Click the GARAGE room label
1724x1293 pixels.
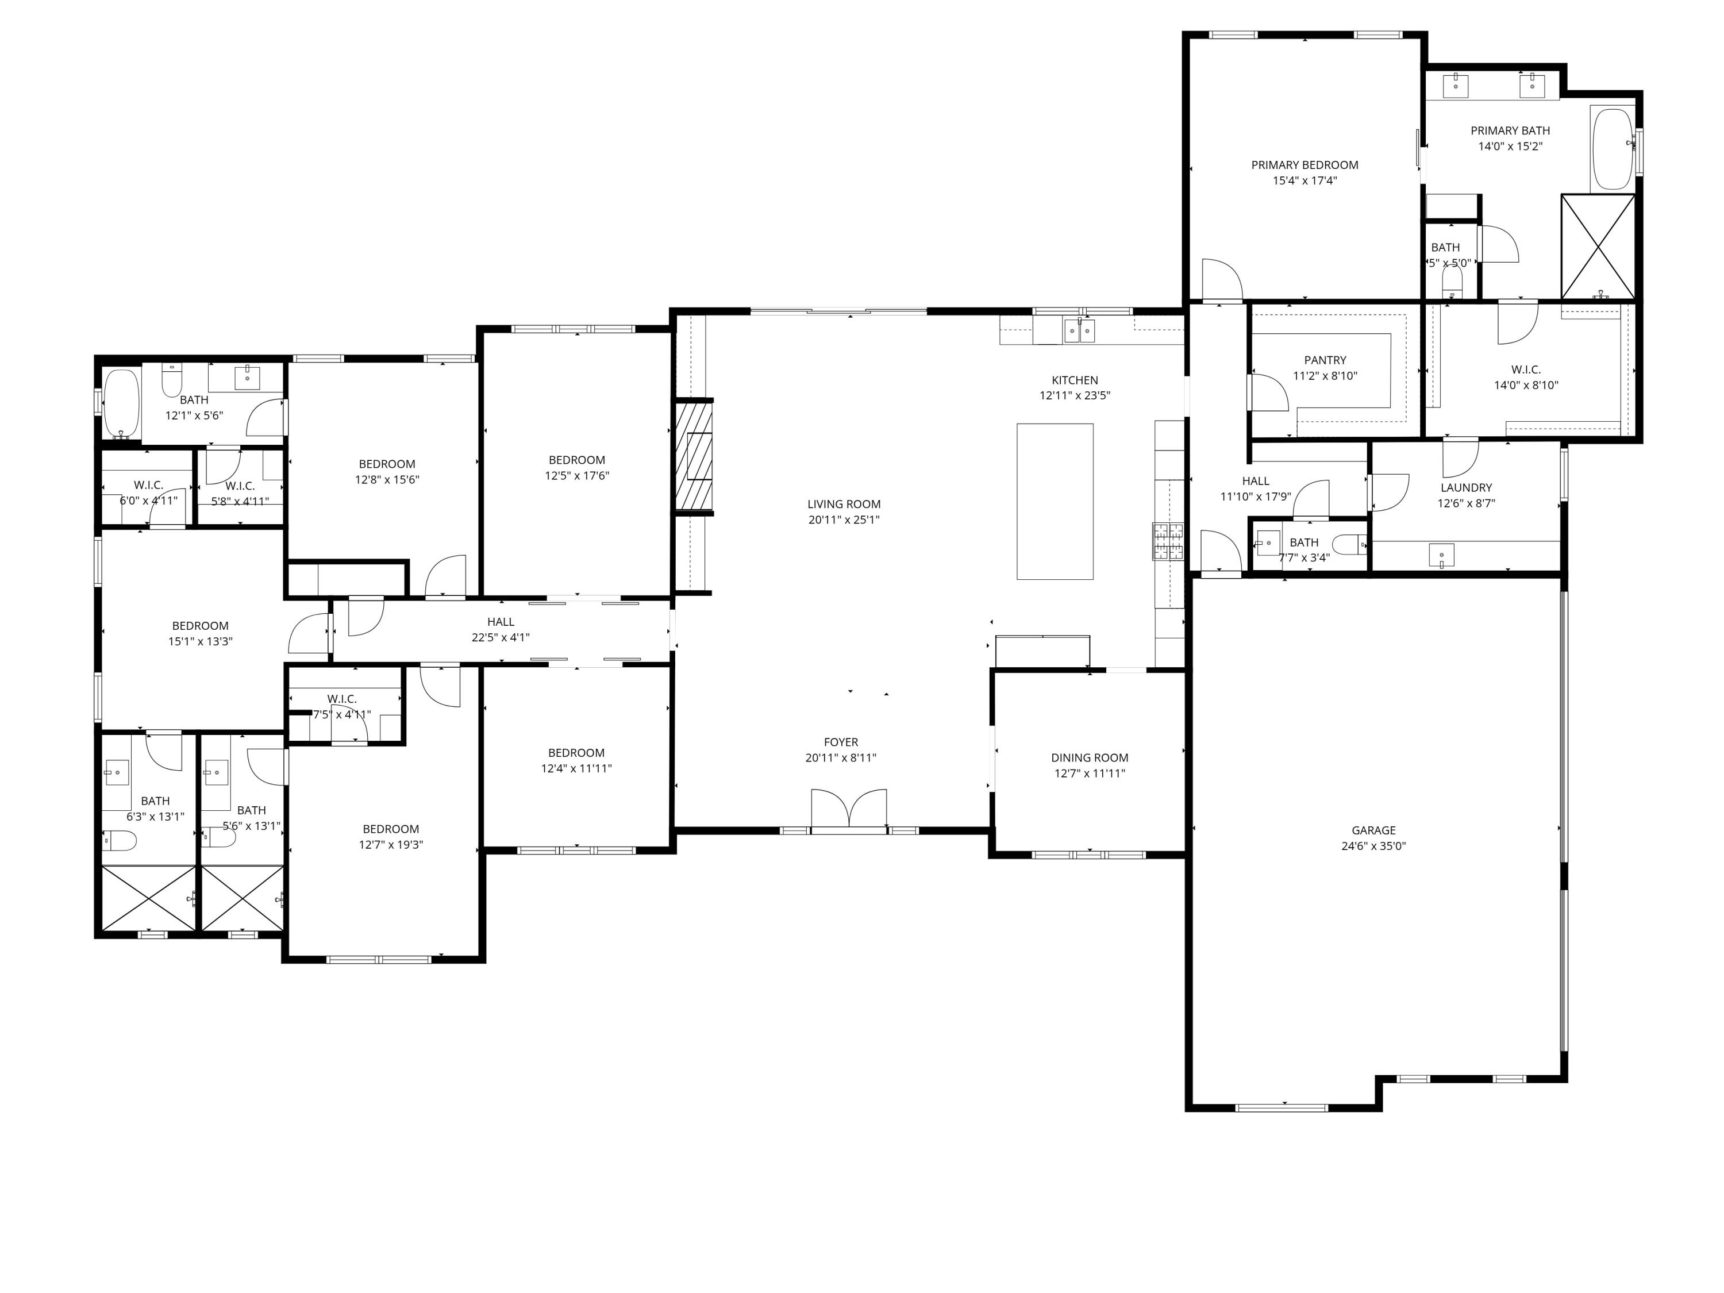pyautogui.click(x=1373, y=830)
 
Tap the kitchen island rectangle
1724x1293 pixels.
pyautogui.click(x=1055, y=501)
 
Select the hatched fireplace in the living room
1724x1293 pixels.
pyautogui.click(x=694, y=456)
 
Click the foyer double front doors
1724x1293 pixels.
pyautogui.click(x=849, y=810)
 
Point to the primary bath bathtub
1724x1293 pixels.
pyautogui.click(x=1612, y=149)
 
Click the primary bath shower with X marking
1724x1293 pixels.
pyautogui.click(x=1598, y=247)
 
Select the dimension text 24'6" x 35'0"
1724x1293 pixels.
pyautogui.click(x=1373, y=846)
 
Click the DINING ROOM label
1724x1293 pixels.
pyautogui.click(x=1089, y=757)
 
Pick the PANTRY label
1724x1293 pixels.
pyautogui.click(x=1325, y=360)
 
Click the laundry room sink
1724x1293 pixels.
pyautogui.click(x=1441, y=555)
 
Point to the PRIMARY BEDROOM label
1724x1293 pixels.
pyautogui.click(x=1304, y=164)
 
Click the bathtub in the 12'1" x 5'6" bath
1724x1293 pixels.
pyautogui.click(x=121, y=402)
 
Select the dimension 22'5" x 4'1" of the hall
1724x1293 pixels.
pyautogui.click(x=501, y=637)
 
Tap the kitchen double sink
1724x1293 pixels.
pyautogui.click(x=1079, y=331)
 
